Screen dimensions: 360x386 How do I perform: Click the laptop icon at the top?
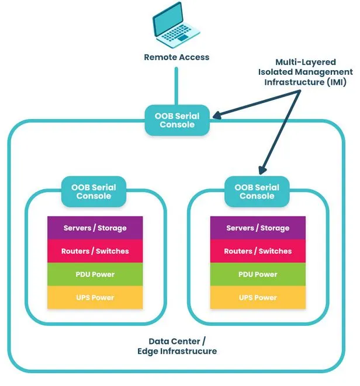point(176,25)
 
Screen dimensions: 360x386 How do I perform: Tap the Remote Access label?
point(176,57)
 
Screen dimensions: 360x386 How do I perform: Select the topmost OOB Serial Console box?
point(177,120)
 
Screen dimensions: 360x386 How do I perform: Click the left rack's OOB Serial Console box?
point(94,192)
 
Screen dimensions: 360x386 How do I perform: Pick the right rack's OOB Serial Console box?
point(257,192)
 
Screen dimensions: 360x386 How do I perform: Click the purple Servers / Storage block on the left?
point(95,228)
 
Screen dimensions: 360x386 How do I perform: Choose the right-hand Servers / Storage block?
point(258,228)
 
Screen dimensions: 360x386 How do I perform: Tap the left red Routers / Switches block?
point(95,251)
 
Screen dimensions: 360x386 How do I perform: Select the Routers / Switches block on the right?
point(258,251)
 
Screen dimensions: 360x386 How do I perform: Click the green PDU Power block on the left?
point(95,274)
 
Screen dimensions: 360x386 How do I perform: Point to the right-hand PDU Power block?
point(258,274)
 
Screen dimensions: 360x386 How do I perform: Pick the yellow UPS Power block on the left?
point(95,297)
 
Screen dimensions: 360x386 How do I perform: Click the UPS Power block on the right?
point(258,297)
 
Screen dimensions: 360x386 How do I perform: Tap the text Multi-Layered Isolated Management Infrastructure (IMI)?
point(305,72)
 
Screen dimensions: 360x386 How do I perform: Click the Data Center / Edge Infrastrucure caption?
point(177,346)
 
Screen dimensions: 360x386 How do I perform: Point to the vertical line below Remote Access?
point(176,86)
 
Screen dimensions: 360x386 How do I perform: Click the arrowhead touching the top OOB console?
point(217,114)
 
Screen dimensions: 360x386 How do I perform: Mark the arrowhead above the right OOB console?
point(262,169)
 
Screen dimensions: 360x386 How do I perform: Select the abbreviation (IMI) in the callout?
point(337,82)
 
